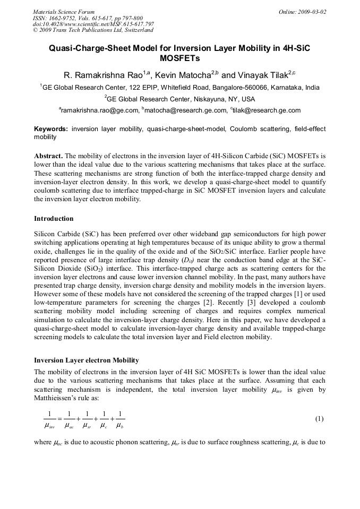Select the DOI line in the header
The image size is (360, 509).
(x=93, y=24)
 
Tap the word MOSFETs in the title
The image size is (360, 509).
(x=180, y=58)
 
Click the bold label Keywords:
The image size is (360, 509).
(x=51, y=129)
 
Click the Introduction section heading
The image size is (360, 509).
(x=54, y=219)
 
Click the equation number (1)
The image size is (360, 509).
(x=319, y=419)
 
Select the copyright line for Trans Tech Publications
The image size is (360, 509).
(x=93, y=30)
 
